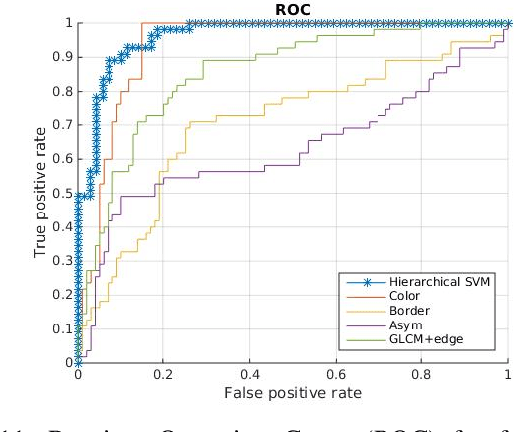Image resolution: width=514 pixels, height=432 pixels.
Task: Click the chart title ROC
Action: click(x=293, y=9)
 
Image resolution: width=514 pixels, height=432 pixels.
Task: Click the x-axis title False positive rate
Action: click(x=293, y=395)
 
